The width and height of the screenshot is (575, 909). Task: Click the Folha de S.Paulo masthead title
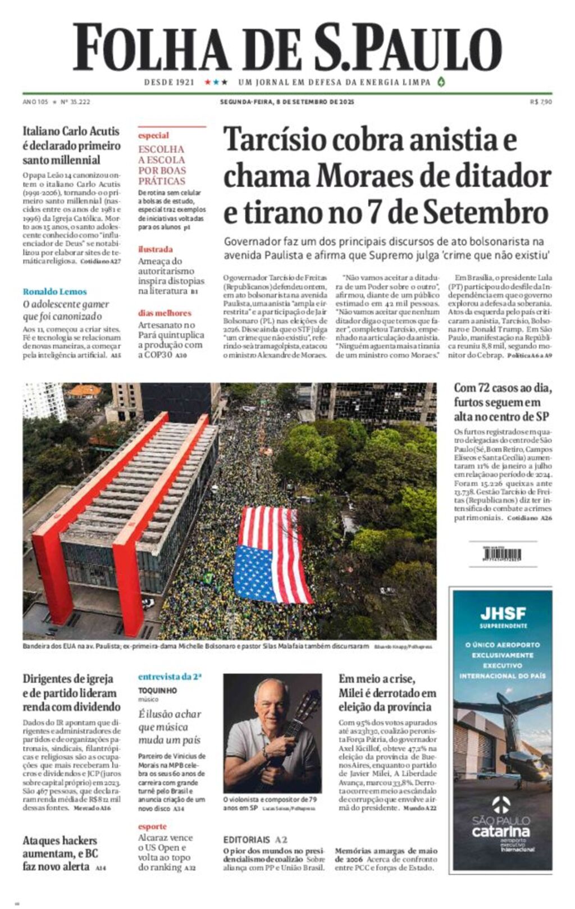pyautogui.click(x=287, y=47)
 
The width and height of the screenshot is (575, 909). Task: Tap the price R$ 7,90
pyautogui.click(x=541, y=102)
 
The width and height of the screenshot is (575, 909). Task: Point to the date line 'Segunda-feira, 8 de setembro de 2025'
pyautogui.click(x=287, y=102)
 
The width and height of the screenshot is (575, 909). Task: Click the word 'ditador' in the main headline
pyautogui.click(x=503, y=176)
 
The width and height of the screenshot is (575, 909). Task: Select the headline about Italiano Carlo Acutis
pyautogui.click(x=71, y=145)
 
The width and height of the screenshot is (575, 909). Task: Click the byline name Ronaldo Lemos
pyautogui.click(x=54, y=291)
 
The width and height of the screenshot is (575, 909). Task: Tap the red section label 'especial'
pyautogui.click(x=153, y=135)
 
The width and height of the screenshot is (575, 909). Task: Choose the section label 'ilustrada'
pyautogui.click(x=156, y=249)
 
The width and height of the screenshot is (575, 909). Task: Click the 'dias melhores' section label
pyautogui.click(x=165, y=313)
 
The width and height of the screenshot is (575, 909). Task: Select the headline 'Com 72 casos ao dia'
pyautogui.click(x=503, y=402)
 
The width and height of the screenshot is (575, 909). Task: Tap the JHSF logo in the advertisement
pyautogui.click(x=503, y=613)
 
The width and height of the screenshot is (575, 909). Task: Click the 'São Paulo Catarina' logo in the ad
pyautogui.click(x=501, y=825)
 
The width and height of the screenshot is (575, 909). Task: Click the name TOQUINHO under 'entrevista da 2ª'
pyautogui.click(x=157, y=690)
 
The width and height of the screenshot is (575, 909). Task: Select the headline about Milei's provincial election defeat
pyautogui.click(x=387, y=693)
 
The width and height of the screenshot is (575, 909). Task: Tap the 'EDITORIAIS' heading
pyautogui.click(x=247, y=839)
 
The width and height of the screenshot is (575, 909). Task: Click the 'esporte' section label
pyautogui.click(x=152, y=826)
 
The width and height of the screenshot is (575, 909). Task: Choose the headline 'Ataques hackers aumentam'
pyautogui.click(x=60, y=853)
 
